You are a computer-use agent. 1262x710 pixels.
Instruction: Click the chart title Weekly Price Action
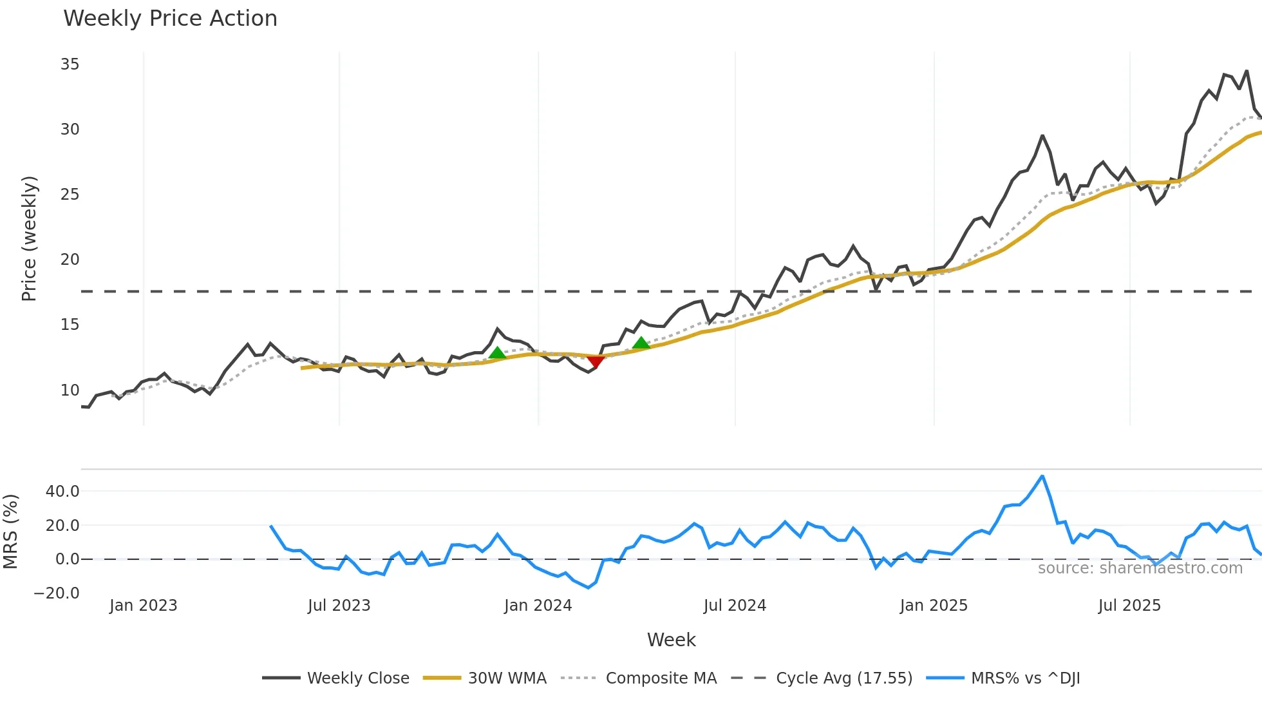click(170, 19)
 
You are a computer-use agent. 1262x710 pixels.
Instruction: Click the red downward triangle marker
click(596, 361)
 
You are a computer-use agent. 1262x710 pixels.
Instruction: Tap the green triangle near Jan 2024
click(497, 353)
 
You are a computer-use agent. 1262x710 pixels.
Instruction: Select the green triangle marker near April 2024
click(641, 343)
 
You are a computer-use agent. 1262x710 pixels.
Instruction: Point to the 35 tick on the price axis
click(70, 64)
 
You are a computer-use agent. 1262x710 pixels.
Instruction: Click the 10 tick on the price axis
click(70, 390)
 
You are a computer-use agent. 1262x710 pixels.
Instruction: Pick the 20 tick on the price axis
click(70, 260)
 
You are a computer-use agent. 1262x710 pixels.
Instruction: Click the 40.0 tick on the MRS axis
click(62, 492)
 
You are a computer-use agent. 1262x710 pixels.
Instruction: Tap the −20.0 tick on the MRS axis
click(57, 593)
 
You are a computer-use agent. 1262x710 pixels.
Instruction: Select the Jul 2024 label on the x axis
click(735, 606)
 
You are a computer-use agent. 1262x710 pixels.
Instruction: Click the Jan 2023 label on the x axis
click(143, 606)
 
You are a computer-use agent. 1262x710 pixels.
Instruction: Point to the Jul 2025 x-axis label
click(1129, 606)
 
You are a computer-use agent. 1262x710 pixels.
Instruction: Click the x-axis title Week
click(671, 640)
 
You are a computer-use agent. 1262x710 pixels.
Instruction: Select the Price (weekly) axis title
click(29, 238)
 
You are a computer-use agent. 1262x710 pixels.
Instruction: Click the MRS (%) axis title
click(10, 532)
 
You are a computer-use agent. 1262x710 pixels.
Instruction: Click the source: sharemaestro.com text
click(1140, 568)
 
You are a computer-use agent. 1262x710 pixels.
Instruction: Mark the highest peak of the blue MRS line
click(1042, 476)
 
